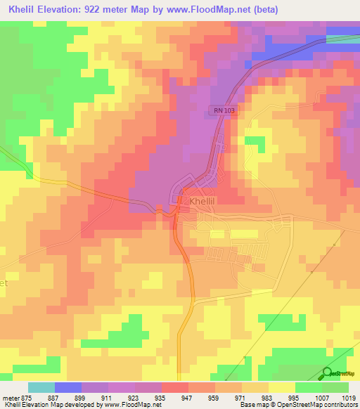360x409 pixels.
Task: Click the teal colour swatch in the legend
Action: coord(41,387)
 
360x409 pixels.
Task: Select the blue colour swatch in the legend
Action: coord(68,387)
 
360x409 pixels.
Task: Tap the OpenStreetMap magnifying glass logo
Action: coord(327,374)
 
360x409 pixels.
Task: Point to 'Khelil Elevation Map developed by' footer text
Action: coord(53,405)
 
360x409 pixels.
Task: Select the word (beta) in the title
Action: coord(266,10)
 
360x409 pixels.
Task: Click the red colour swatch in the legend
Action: coord(175,387)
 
